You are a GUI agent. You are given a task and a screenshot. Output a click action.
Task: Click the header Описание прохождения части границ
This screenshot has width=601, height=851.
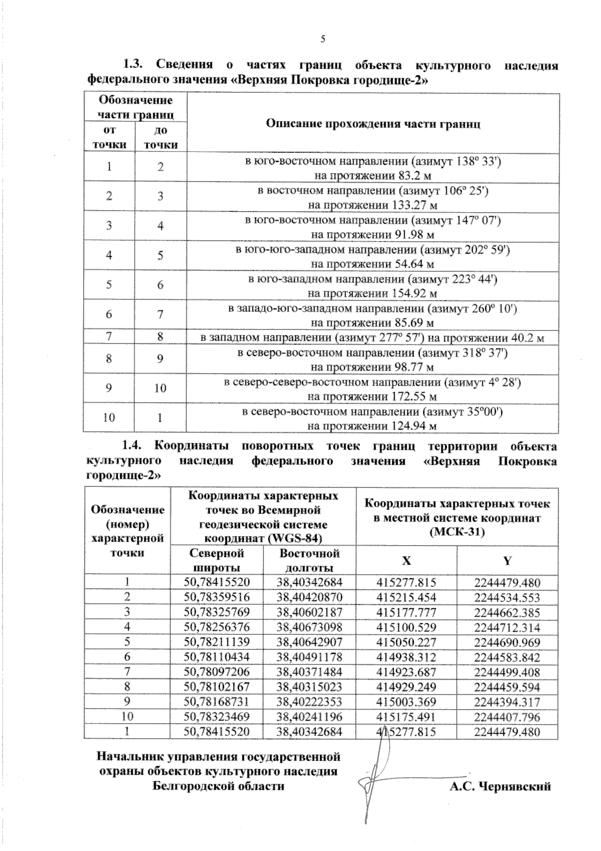click(x=373, y=123)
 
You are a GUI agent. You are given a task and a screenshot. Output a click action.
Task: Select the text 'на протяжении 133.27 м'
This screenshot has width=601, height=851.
click(x=373, y=205)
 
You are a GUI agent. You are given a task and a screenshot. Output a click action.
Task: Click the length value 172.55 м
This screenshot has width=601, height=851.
click(x=413, y=397)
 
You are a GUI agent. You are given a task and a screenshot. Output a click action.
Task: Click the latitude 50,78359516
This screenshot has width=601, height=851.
click(x=216, y=597)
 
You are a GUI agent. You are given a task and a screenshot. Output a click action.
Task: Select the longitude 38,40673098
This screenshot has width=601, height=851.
click(x=309, y=627)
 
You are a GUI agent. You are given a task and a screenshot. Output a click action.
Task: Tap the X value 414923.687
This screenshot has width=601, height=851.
click(x=406, y=672)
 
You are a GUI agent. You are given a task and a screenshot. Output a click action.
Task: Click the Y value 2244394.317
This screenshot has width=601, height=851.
click(x=507, y=702)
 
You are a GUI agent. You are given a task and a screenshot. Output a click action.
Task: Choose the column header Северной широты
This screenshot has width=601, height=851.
click(x=216, y=560)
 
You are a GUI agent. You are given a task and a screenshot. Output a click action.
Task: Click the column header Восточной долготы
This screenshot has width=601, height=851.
click(x=309, y=560)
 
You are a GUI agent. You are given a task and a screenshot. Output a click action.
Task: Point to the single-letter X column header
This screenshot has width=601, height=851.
click(x=406, y=560)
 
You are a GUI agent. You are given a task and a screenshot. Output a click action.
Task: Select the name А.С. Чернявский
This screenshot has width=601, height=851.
click(x=500, y=786)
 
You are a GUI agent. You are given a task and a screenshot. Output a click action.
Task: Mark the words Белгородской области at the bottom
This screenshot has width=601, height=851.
click(x=218, y=785)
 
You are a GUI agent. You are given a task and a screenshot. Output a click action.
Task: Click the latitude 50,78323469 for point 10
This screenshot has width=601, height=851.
click(x=216, y=717)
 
